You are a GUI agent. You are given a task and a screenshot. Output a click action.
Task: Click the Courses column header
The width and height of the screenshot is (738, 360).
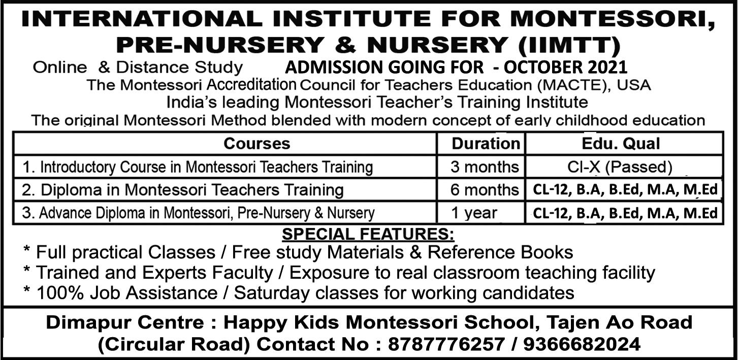[x=256, y=144]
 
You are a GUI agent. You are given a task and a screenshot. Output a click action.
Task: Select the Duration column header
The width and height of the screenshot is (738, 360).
[x=486, y=144]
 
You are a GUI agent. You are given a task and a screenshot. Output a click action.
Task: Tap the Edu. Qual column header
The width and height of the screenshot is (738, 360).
[x=628, y=144]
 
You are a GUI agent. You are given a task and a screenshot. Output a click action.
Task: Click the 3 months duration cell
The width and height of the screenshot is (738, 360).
[x=485, y=167]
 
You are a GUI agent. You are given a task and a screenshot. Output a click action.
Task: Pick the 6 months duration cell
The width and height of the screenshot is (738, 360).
[x=485, y=190]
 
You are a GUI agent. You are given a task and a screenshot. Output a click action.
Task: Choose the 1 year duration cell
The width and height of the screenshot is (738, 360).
[x=474, y=213]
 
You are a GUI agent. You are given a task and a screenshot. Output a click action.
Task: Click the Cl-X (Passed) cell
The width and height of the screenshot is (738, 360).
[x=620, y=167]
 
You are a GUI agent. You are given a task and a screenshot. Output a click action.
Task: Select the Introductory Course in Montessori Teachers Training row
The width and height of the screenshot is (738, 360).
[x=198, y=167]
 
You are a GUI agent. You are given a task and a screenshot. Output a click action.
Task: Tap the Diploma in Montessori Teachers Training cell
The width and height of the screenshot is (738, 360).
[x=183, y=190]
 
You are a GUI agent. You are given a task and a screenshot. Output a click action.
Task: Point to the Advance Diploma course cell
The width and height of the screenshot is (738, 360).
[x=198, y=213]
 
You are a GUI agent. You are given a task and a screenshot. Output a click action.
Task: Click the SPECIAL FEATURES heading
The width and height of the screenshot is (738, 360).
[x=368, y=235]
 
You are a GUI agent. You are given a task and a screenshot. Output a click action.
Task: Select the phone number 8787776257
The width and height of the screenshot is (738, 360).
[x=446, y=345]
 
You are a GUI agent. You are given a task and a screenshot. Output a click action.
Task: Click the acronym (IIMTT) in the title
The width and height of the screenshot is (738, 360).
[x=569, y=45]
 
